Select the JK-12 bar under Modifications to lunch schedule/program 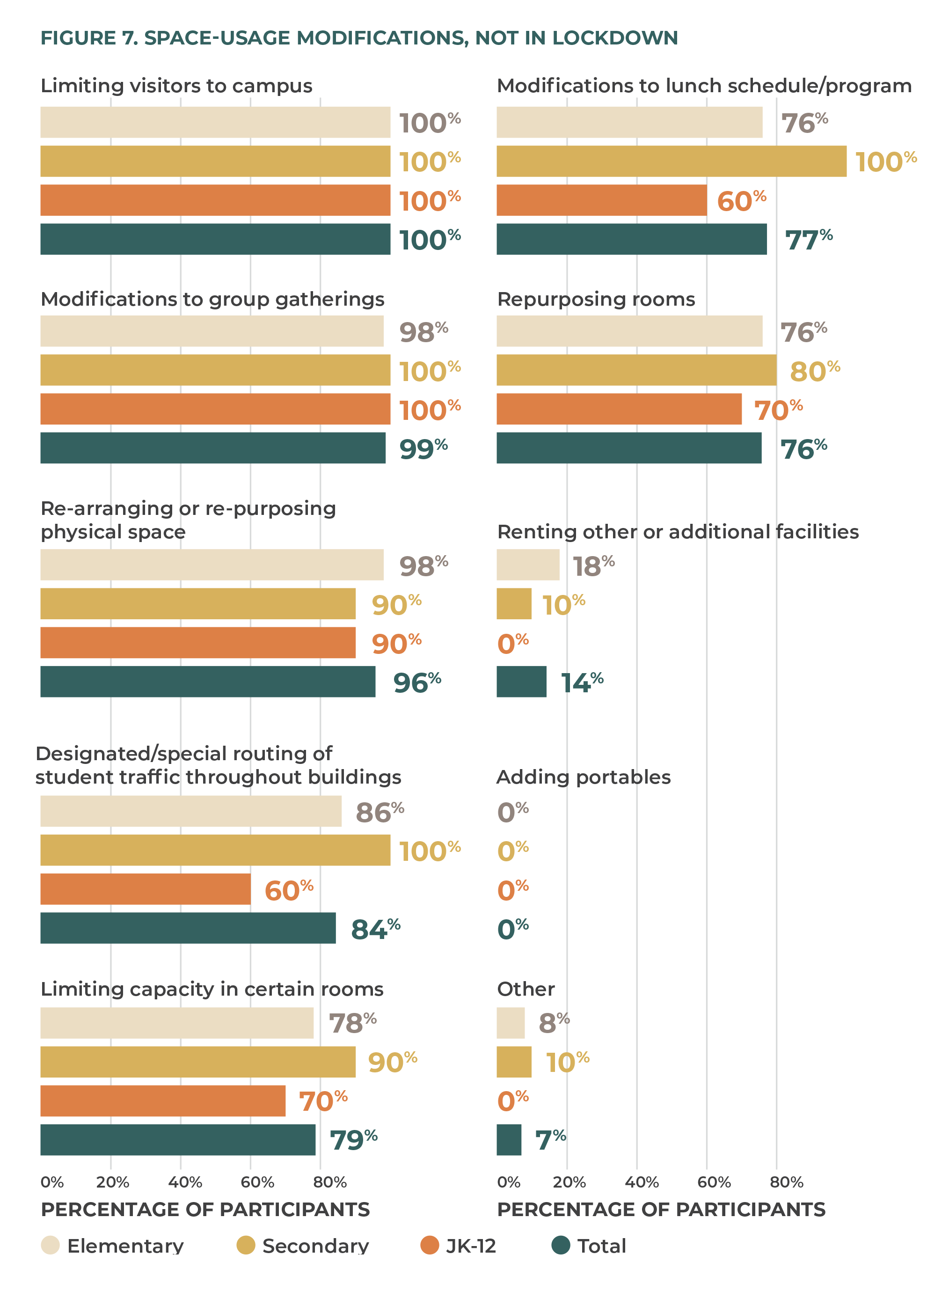coord(601,200)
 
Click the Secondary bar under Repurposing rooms coord(636,370)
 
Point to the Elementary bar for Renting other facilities coord(527,565)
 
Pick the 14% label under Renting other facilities coord(581,682)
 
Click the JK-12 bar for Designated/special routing coord(146,889)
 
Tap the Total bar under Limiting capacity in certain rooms coord(177,1140)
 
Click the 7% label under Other coord(550,1140)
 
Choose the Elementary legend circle coord(51,1245)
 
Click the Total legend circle coord(560,1245)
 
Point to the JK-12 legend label coord(470,1246)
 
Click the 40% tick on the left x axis coord(184,1182)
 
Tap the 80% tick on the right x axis coord(786,1182)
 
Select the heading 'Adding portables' coord(583,777)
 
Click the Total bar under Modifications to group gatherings coord(212,448)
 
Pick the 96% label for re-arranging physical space coord(416,682)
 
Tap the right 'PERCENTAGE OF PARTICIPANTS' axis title coord(661,1210)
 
